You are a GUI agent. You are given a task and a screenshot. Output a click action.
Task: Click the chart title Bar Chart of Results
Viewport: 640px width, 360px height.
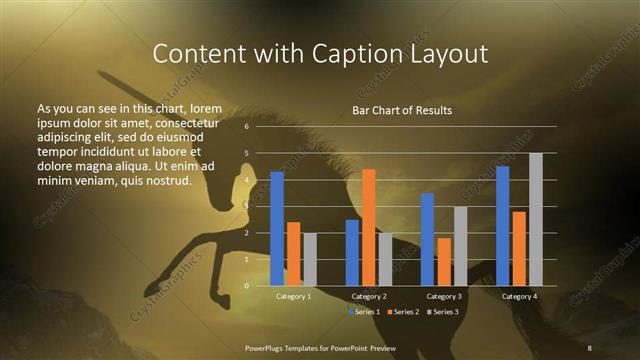401,110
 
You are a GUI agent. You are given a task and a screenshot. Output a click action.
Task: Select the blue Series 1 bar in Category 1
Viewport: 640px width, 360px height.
277,229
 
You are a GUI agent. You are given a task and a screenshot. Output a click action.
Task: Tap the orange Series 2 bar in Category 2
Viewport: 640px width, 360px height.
369,227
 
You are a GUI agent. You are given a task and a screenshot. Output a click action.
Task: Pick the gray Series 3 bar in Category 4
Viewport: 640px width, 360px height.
536,219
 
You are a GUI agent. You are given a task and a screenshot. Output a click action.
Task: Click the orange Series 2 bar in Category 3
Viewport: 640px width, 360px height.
444,262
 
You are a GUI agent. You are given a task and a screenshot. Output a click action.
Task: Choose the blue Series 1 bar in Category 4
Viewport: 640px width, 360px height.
502,226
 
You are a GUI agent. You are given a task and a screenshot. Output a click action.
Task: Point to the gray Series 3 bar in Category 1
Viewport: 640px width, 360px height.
310,259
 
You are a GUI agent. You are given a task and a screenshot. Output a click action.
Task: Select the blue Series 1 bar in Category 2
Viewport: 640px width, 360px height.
352,252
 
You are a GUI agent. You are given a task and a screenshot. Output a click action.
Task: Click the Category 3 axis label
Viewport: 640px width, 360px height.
444,297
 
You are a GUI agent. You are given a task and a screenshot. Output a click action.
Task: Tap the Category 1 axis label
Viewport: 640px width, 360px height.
293,297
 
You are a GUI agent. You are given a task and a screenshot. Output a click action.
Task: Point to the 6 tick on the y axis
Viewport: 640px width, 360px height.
246,127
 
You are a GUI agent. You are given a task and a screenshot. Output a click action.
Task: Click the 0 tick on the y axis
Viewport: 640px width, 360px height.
246,286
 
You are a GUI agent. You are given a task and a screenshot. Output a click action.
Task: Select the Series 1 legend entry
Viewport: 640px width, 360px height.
364,313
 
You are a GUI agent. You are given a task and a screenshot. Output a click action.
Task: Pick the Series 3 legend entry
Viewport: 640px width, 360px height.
442,313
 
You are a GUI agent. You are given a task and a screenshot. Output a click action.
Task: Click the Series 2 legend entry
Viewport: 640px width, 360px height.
403,313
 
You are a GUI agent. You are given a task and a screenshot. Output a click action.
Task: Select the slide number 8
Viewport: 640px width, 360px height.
590,347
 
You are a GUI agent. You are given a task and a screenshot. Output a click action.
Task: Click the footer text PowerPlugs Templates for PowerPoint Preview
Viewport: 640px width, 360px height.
320,347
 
